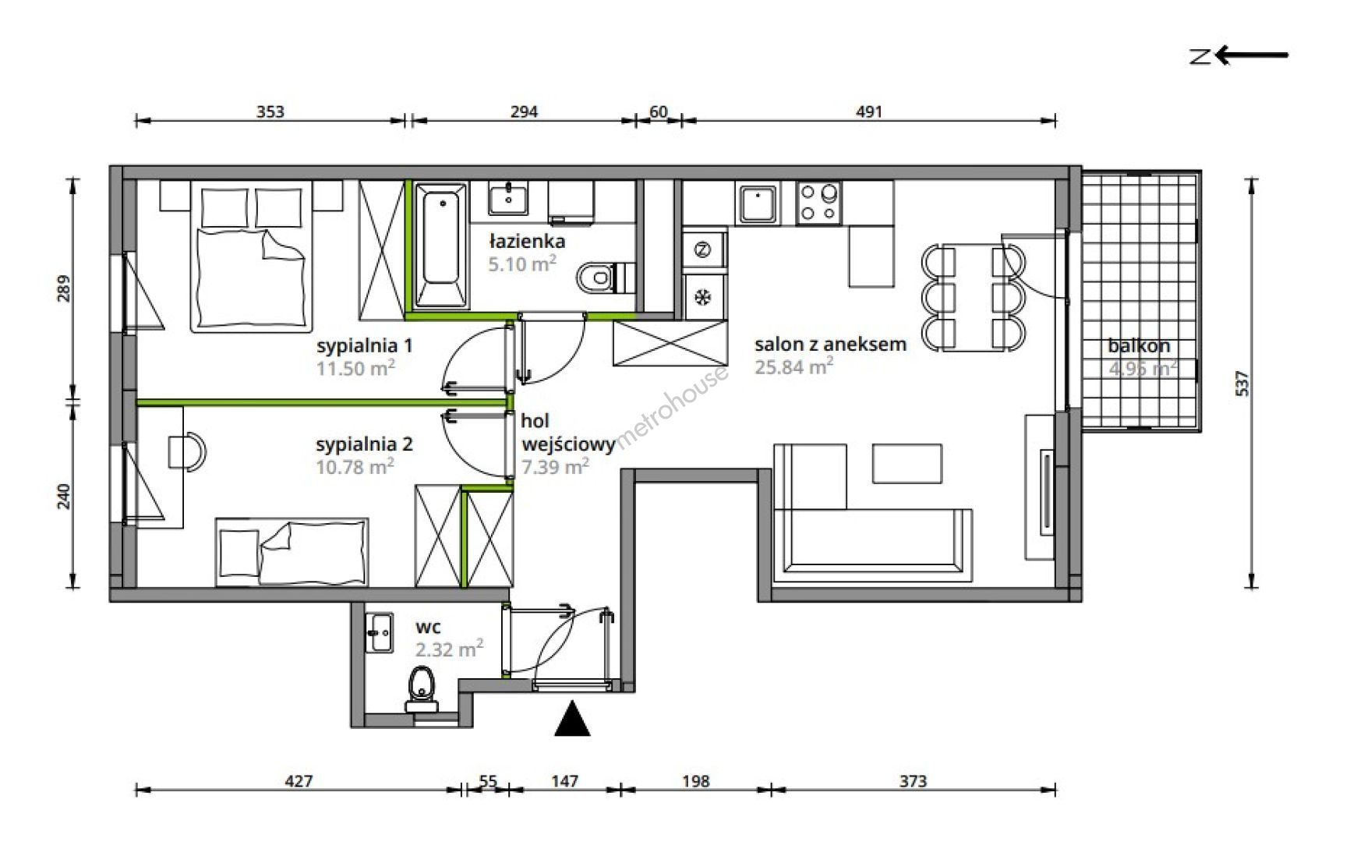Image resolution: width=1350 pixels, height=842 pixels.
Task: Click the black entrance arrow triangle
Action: pyautogui.click(x=572, y=719)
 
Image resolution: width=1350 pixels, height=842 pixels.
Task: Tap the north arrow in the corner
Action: pyautogui.click(x=1239, y=55)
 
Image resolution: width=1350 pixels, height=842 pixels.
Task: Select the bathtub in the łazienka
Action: pyautogui.click(x=441, y=245)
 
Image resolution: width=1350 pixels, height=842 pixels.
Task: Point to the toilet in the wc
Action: pyautogui.click(x=422, y=690)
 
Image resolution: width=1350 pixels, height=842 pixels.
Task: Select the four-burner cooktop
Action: pyautogui.click(x=819, y=202)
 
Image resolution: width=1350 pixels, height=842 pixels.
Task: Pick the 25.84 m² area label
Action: pyautogui.click(x=793, y=367)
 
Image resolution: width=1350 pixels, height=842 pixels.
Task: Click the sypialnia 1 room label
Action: pyautogui.click(x=364, y=345)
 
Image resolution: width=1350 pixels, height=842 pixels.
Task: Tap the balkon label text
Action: pyautogui.click(x=1139, y=346)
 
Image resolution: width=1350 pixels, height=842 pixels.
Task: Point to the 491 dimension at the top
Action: pyautogui.click(x=869, y=111)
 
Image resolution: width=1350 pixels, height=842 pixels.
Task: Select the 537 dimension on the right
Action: pyautogui.click(x=1242, y=383)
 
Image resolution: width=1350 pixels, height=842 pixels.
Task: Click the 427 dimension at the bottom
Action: pyautogui.click(x=299, y=780)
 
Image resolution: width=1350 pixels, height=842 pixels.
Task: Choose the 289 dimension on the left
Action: pyautogui.click(x=64, y=288)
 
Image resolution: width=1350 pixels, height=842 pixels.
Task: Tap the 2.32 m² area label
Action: pyautogui.click(x=449, y=649)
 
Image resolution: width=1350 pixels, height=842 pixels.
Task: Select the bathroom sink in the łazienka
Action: pyautogui.click(x=508, y=198)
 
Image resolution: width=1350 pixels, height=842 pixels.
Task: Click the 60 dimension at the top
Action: pyautogui.click(x=659, y=111)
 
